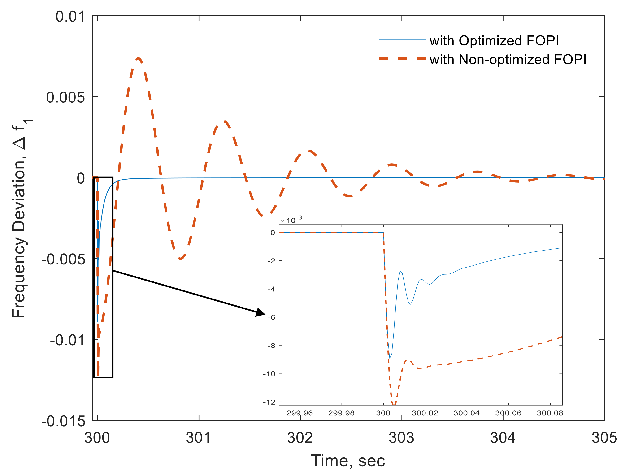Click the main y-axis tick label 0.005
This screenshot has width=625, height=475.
65,97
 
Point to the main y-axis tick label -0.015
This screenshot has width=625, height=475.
63,422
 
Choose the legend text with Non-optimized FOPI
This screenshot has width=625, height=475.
508,60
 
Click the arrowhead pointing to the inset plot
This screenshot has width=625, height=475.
260,313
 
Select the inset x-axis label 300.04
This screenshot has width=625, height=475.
466,413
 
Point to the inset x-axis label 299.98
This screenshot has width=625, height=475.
341,413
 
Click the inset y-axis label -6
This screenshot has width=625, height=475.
272,317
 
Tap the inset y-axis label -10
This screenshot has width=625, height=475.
269,374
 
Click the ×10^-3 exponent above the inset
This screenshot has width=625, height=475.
291,220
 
